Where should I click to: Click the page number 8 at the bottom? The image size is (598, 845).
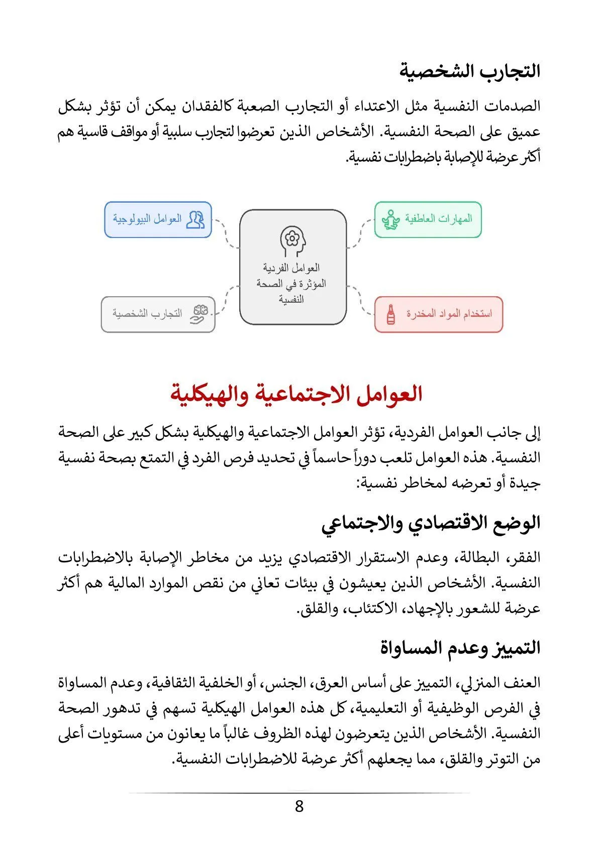299,806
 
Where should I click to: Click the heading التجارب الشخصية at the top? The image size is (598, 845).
470,71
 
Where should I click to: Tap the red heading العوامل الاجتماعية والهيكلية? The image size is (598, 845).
296,394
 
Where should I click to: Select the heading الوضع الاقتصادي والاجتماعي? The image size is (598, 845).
431,523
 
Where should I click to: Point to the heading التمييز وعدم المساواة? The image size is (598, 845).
460,648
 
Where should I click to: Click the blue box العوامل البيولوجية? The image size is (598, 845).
158,219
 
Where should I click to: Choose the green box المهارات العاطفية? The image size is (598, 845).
428,219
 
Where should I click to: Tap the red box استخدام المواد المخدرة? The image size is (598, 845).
438,314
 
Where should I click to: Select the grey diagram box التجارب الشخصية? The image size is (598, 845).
158,314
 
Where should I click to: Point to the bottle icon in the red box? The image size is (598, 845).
390,314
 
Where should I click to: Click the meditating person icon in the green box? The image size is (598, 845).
390,219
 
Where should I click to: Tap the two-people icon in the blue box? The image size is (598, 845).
195,219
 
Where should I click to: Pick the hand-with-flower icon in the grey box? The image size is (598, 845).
199,314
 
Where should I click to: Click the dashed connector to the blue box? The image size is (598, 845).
226,232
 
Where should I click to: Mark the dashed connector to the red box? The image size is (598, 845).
361,300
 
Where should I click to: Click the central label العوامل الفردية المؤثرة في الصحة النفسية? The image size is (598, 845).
292,284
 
